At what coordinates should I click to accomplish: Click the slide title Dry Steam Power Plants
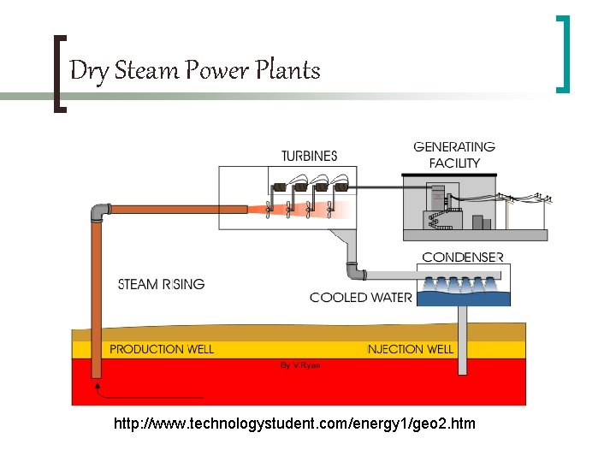coord(194,70)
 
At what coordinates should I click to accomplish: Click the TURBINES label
coord(309,156)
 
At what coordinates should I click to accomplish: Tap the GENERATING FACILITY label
coord(454,155)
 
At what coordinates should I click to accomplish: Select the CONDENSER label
coord(463,257)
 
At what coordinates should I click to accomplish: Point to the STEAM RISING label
coord(161,284)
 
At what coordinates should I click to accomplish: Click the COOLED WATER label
coord(360,298)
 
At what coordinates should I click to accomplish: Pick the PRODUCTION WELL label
coord(162,349)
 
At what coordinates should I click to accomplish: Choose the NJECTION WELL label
coord(410,349)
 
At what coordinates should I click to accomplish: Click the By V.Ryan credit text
coord(301,364)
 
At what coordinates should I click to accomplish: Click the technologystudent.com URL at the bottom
coord(294,423)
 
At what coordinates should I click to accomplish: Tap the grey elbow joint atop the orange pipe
coord(99,210)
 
